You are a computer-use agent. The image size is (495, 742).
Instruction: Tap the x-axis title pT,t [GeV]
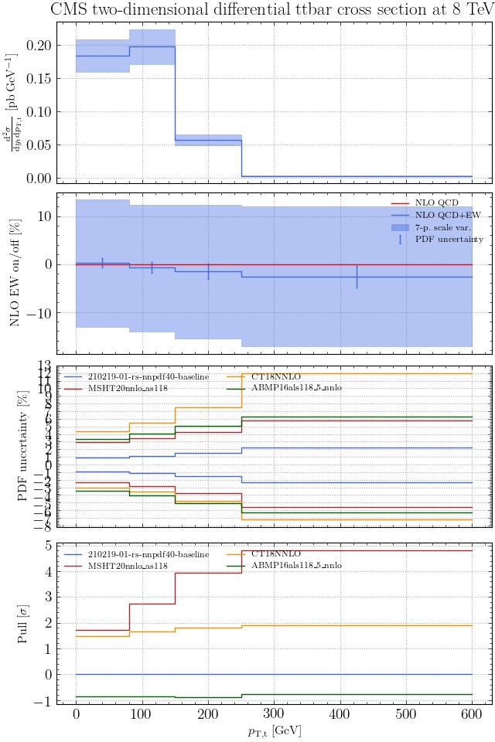click(x=274, y=731)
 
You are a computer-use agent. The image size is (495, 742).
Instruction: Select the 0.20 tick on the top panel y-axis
click(x=39, y=46)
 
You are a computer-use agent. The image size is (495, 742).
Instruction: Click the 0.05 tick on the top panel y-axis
click(x=39, y=145)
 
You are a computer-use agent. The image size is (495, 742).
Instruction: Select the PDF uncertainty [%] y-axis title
click(x=22, y=446)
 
